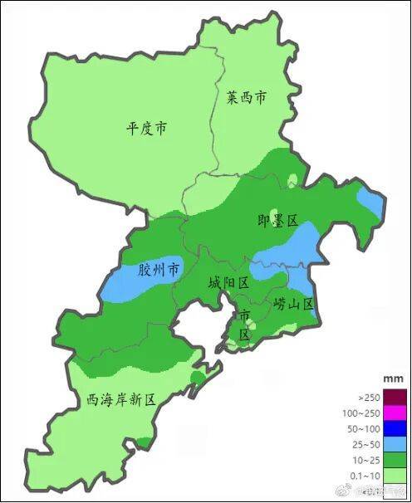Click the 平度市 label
click(146, 129)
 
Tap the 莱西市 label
click(248, 98)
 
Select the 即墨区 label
click(277, 219)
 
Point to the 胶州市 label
click(159, 270)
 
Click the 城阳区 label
click(228, 283)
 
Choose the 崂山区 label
click(294, 305)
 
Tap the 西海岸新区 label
click(121, 399)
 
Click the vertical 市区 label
click(244, 325)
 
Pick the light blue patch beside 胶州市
click(125, 281)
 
